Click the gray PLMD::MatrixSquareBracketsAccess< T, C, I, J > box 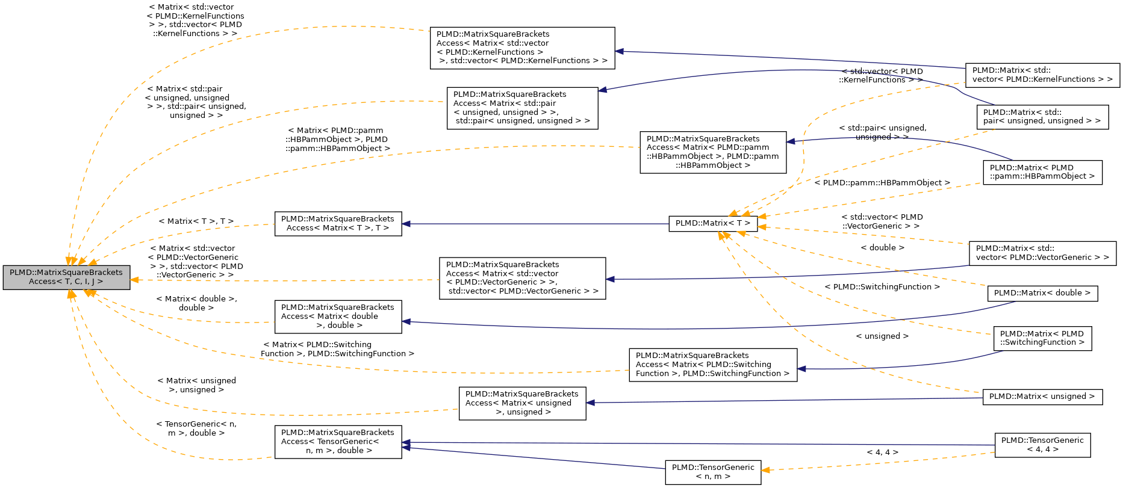(x=66, y=277)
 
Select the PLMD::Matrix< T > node (x=713, y=223)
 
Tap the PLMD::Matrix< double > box (x=1042, y=293)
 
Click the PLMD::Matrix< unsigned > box (x=1042, y=397)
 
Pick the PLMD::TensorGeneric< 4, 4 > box (x=1042, y=445)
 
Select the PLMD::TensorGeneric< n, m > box (x=713, y=472)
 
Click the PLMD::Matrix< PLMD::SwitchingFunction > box (x=1042, y=338)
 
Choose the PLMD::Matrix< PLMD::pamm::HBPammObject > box (x=1042, y=172)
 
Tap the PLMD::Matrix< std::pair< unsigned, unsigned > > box (x=1042, y=117)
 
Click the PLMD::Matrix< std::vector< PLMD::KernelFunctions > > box (x=1042, y=75)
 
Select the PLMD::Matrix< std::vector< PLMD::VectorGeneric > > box (x=1042, y=253)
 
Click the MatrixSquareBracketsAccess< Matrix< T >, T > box (x=338, y=224)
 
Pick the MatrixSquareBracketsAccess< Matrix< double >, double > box (x=338, y=317)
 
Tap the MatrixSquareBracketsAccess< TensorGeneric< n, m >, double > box (x=338, y=442)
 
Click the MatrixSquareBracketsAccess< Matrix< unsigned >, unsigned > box (x=522, y=403)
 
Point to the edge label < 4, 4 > (x=882, y=452)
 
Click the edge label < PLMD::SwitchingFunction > (x=882, y=287)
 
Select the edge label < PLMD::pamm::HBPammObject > (x=882, y=183)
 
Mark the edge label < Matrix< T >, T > (x=196, y=221)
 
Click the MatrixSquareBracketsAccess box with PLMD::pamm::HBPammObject (x=713, y=152)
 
